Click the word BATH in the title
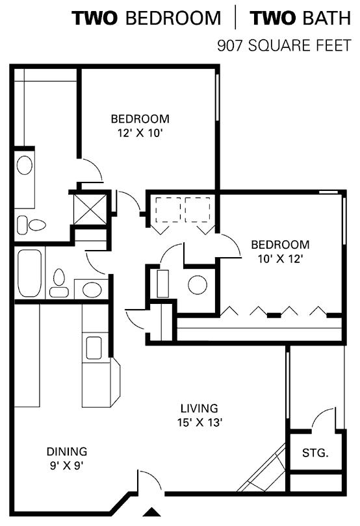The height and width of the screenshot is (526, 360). click(x=325, y=18)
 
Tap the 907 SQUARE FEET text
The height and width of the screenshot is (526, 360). click(x=284, y=45)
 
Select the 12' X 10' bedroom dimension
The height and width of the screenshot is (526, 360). click(x=140, y=133)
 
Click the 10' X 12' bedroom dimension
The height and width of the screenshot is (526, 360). click(x=281, y=258)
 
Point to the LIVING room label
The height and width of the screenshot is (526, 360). click(x=199, y=408)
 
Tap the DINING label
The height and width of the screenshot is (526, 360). click(x=67, y=451)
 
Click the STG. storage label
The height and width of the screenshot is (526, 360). click(x=315, y=453)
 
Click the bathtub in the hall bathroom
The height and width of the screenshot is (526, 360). click(x=29, y=273)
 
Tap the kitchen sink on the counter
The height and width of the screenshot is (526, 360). click(x=94, y=347)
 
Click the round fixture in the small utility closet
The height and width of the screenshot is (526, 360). click(x=198, y=285)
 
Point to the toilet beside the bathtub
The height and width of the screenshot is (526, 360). click(x=59, y=283)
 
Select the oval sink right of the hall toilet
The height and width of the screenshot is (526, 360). click(x=92, y=290)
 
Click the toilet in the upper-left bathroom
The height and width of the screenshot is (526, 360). click(x=31, y=225)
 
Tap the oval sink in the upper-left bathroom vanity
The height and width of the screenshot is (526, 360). click(x=25, y=165)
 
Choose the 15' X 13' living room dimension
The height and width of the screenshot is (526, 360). click(x=199, y=422)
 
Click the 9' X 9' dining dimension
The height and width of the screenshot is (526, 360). click(x=67, y=466)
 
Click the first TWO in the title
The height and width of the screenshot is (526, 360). click(x=95, y=18)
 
